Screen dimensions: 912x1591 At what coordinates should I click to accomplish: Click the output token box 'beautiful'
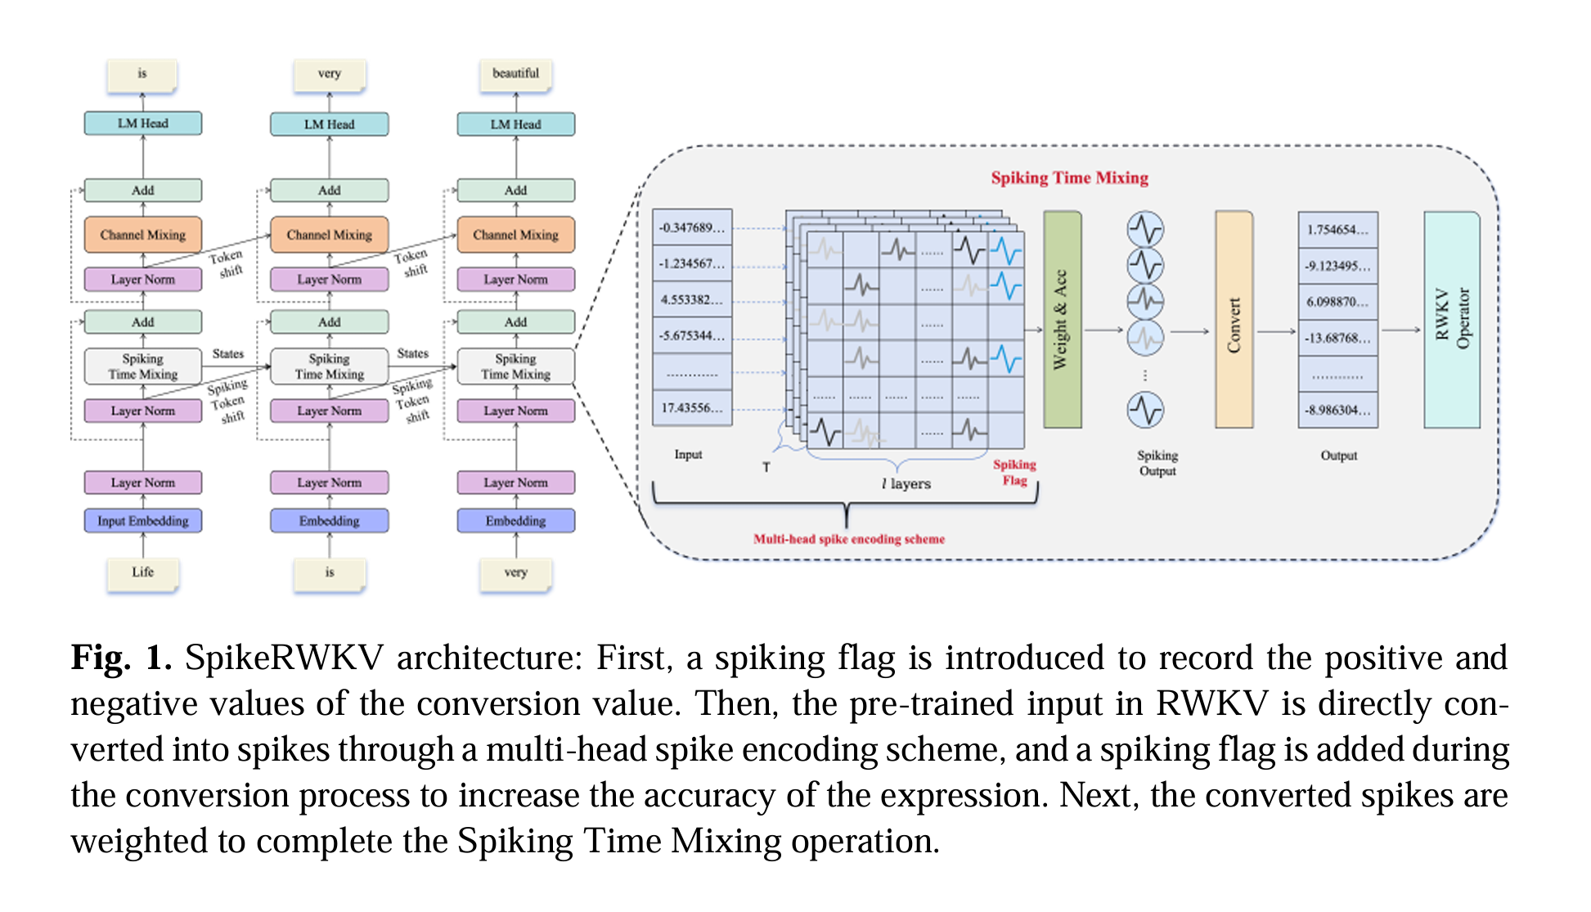coord(515,74)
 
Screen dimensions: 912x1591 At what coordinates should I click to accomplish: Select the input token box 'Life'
coord(143,573)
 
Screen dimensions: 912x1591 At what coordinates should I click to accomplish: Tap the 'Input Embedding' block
coord(143,521)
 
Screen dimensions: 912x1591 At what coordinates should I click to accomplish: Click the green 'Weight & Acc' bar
coord(1062,319)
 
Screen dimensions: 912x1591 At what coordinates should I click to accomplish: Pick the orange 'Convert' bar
coord(1234,319)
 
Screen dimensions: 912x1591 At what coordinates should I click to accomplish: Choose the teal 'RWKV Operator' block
coord(1452,319)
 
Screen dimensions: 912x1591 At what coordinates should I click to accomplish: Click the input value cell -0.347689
coord(692,227)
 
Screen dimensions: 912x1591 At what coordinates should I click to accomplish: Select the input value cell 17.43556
coord(692,407)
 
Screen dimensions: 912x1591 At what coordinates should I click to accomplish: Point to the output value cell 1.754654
coord(1337,230)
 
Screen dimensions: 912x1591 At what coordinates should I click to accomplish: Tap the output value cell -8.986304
coord(1337,410)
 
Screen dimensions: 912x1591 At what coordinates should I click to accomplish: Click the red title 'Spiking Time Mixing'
coord(1069,178)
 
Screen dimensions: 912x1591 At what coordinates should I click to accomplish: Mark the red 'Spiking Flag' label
coord(1014,472)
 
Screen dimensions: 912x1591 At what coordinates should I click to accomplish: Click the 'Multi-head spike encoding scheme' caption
coord(848,539)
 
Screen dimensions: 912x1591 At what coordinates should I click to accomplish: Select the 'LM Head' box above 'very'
coord(329,124)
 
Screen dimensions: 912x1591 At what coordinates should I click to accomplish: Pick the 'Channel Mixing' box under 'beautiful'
coord(515,235)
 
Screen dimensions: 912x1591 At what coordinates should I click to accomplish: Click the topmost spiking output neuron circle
coord(1145,230)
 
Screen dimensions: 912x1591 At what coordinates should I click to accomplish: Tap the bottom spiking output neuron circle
coord(1145,410)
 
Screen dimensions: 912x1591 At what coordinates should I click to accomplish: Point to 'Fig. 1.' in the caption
coord(121,658)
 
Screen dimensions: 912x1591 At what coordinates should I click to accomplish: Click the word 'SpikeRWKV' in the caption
coord(284,658)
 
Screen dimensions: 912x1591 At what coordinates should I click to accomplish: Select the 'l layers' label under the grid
coord(906,484)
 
